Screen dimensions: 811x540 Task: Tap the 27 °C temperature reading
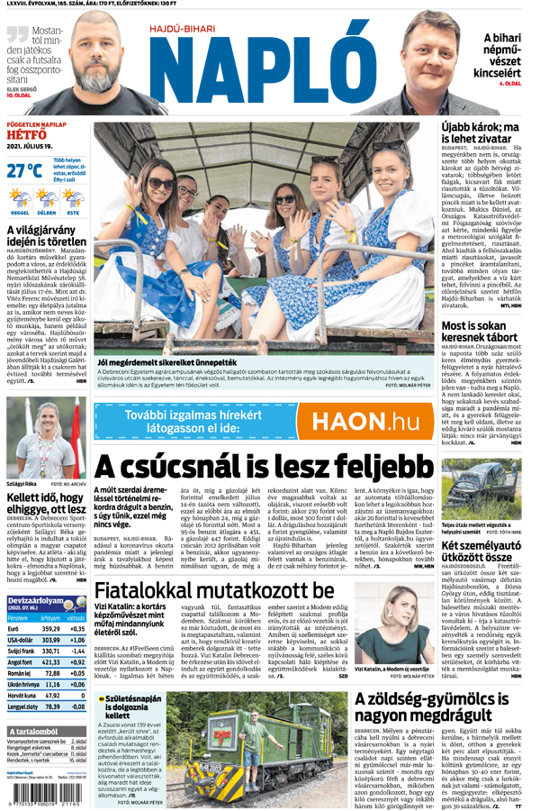[23, 170]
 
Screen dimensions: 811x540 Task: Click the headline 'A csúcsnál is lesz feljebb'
[265, 467]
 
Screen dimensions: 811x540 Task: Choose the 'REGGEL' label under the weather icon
[19, 213]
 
